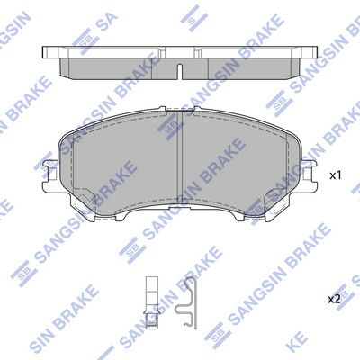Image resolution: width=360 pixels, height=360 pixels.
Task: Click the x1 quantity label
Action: click(336, 175)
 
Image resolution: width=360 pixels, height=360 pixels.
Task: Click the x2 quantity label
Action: click(334, 299)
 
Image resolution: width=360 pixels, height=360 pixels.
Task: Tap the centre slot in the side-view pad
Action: click(180, 72)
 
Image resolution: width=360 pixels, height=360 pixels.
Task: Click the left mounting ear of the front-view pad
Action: click(49, 174)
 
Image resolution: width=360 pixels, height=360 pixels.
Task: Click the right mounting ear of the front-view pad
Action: click(310, 174)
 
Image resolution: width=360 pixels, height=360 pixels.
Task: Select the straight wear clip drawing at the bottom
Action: click(152, 302)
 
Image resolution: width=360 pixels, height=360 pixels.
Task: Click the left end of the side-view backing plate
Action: click(44, 52)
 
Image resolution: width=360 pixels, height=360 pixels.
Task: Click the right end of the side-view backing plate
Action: click(315, 52)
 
